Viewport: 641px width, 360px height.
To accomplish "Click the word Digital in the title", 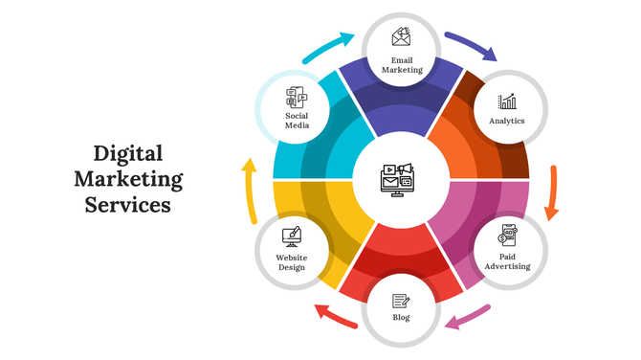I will [127, 153].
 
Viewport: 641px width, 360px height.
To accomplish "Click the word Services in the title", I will [127, 204].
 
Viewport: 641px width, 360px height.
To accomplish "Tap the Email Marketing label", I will [402, 64].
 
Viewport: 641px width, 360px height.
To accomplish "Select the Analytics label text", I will [507, 122].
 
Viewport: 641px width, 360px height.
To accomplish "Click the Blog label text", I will [402, 317].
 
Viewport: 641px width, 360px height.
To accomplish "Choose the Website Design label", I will [292, 261].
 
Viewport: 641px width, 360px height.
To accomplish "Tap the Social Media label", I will [297, 121].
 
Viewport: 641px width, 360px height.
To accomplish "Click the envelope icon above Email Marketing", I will [402, 37].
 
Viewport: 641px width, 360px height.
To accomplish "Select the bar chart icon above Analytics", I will [507, 101].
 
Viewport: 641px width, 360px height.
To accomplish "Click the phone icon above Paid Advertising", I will [508, 236].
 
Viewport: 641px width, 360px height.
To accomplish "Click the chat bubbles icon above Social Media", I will [297, 97].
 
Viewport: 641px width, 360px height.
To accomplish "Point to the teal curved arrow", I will [329, 46].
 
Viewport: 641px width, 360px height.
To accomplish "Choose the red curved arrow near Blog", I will [334, 316].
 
